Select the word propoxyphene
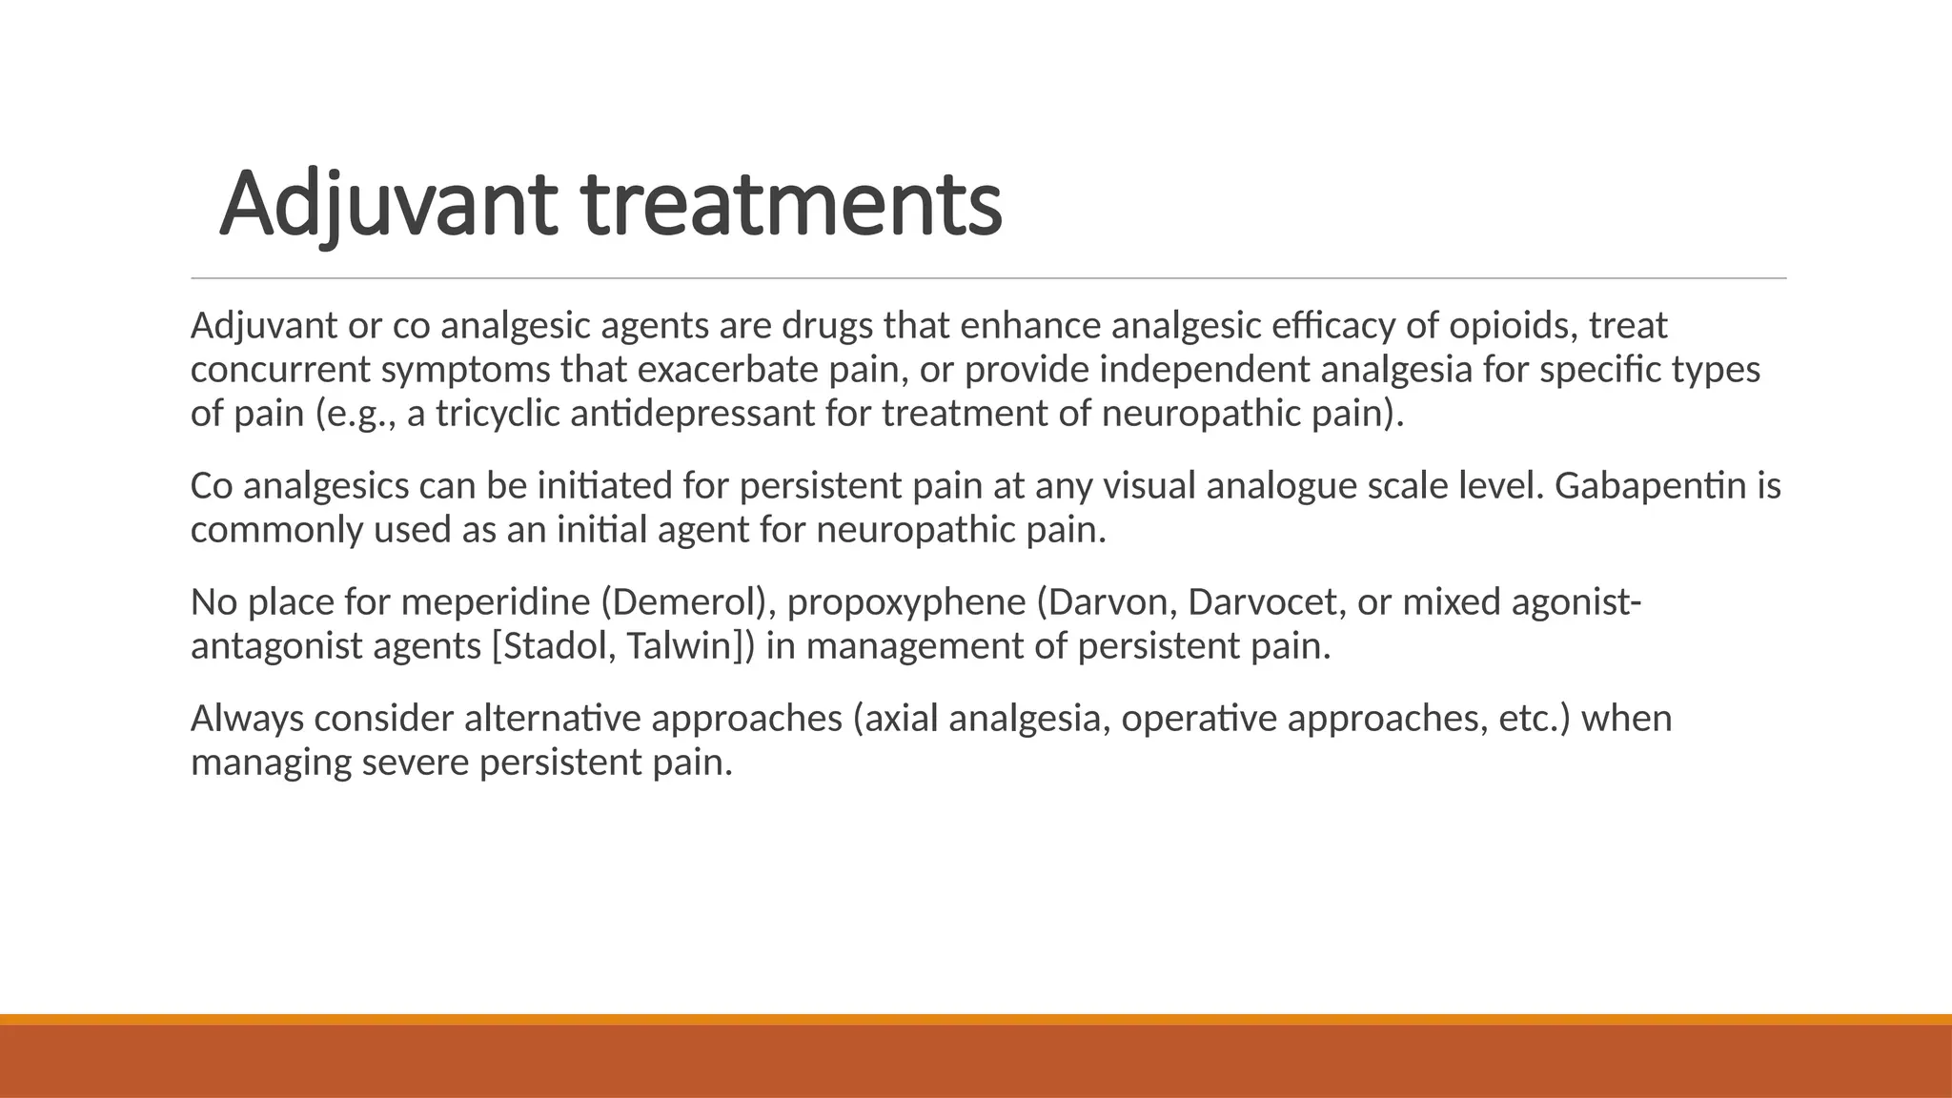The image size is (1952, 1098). [x=905, y=602]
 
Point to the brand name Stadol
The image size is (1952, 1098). [x=549, y=646]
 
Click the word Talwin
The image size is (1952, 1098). [x=682, y=646]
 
